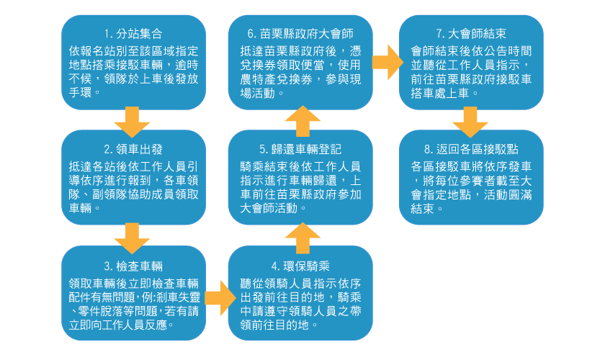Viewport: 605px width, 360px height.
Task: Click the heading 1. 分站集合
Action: coord(133,34)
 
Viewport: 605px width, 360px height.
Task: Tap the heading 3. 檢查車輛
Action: coord(133,265)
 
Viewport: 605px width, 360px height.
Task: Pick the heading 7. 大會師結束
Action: coord(471,34)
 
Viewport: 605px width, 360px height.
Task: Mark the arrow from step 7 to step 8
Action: coord(470,121)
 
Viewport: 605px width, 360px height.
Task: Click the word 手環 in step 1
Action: coord(81,93)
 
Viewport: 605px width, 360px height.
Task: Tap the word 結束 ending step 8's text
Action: coord(421,209)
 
